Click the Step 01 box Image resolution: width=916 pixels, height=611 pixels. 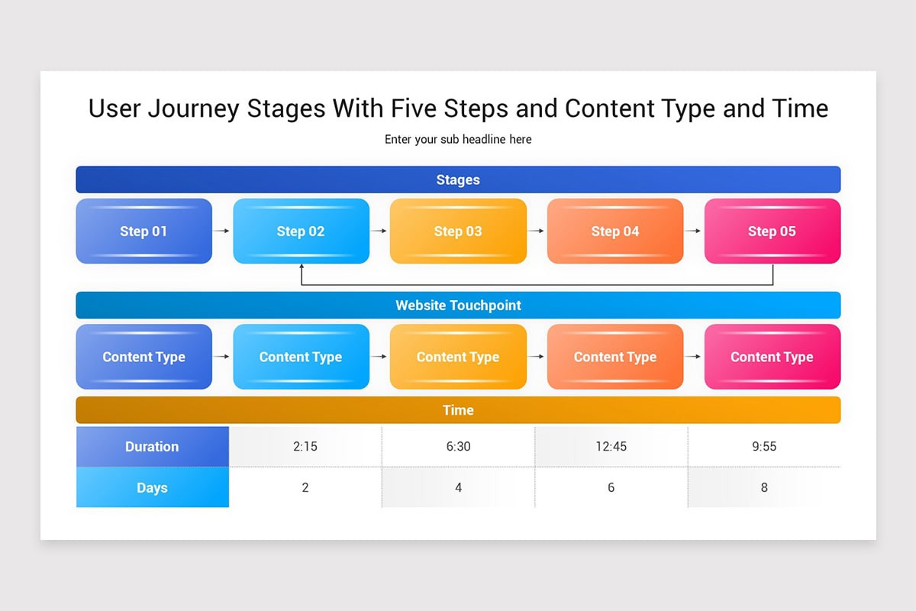point(144,231)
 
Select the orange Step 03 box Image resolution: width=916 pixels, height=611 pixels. point(458,231)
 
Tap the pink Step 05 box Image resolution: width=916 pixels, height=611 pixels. point(772,231)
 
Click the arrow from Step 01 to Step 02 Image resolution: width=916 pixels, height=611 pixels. point(222,231)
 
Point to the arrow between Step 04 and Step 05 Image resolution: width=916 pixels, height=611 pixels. point(693,231)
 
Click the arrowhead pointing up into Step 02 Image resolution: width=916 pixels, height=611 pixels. point(302,268)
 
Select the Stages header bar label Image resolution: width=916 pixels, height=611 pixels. point(458,180)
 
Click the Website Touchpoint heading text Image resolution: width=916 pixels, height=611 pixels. point(458,305)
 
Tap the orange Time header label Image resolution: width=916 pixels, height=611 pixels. point(458,410)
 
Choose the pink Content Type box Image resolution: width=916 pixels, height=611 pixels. point(772,357)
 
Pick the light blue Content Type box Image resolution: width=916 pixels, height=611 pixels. point(301,357)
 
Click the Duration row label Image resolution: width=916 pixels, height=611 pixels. point(152,447)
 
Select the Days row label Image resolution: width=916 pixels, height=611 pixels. point(152,487)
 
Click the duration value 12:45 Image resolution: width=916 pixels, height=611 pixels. point(611,447)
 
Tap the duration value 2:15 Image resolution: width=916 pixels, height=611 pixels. point(305,447)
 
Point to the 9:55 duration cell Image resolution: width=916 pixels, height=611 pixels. point(763,447)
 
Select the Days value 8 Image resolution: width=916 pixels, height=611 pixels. point(763,487)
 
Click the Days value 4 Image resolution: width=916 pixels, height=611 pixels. point(458,487)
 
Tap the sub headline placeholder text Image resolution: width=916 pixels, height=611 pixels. point(458,140)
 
